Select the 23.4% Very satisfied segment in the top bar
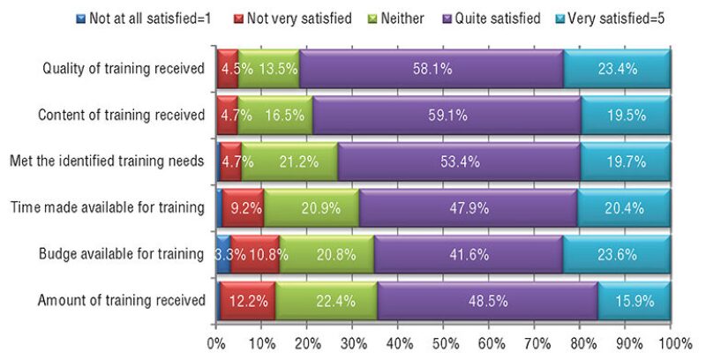617,68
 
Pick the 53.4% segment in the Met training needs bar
457,161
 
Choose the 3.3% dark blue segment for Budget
223,255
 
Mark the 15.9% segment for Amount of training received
634,301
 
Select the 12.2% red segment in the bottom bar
247,301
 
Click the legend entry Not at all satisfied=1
141,18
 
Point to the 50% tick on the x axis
444,341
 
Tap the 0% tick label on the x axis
216,341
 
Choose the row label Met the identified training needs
108,161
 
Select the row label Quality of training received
124,68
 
